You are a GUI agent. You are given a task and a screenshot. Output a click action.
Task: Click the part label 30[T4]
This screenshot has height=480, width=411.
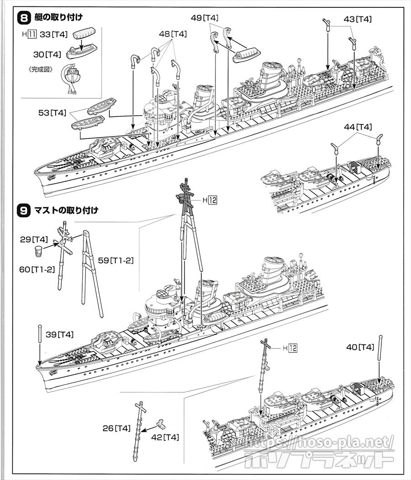[47, 54]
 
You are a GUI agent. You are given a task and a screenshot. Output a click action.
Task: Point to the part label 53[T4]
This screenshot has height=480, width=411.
[53, 112]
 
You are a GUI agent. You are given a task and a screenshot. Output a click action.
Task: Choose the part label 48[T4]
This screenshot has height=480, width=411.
[173, 34]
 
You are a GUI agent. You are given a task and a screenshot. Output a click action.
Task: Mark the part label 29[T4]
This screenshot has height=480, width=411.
[34, 239]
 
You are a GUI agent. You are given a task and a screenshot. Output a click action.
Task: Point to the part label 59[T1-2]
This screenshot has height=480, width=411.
[116, 260]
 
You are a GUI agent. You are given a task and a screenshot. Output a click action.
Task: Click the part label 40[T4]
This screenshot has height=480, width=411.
[360, 347]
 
